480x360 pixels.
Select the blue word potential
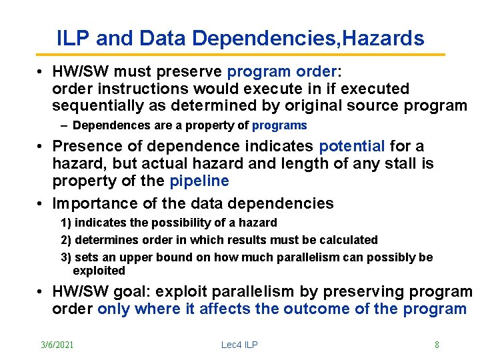pyautogui.click(x=352, y=146)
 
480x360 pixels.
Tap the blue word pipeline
pyautogui.click(x=199, y=181)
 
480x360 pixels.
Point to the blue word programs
pyautogui.click(x=279, y=125)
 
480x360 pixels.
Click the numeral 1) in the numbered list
pyautogui.click(x=66, y=223)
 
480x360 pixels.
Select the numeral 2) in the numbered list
pyautogui.click(x=66, y=240)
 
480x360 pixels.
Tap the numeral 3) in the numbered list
pyautogui.click(x=66, y=257)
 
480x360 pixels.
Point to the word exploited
pyautogui.click(x=99, y=271)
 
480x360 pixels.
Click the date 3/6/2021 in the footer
pyautogui.click(x=57, y=345)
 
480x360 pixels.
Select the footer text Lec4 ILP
pyautogui.click(x=239, y=345)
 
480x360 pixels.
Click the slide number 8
pyautogui.click(x=437, y=345)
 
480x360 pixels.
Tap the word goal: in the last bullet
pyautogui.click(x=155, y=291)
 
